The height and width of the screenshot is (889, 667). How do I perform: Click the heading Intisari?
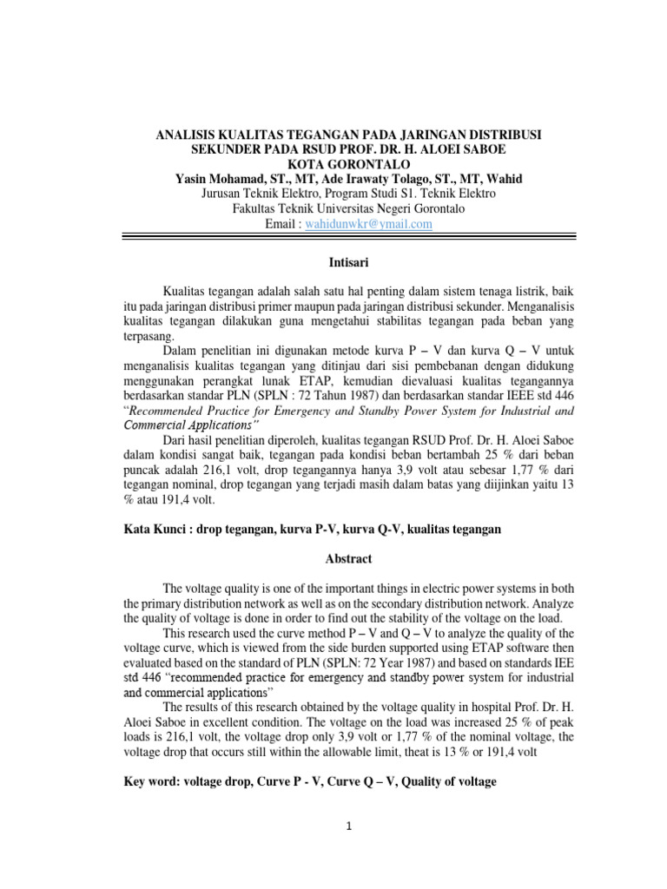point(333,259)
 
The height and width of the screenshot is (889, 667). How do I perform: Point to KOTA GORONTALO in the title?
point(333,165)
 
